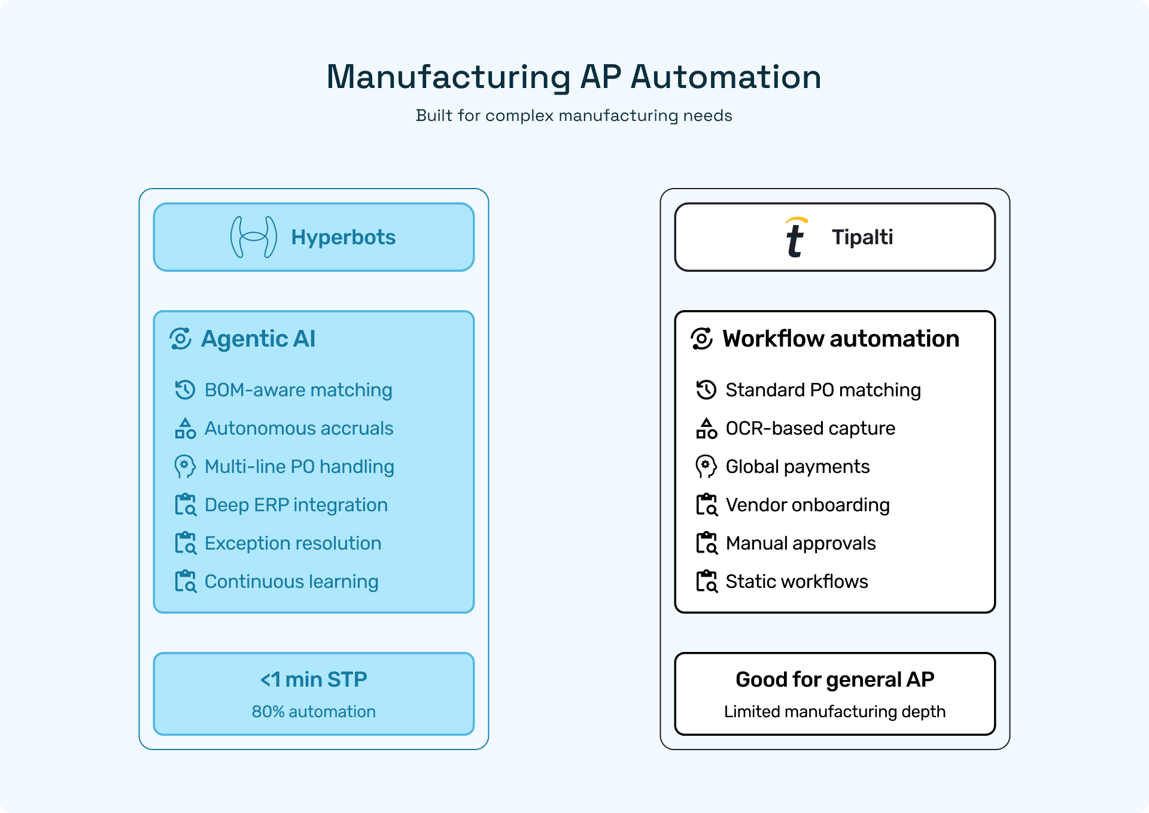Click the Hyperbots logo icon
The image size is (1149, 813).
coord(254,237)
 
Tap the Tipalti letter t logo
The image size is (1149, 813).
coord(795,238)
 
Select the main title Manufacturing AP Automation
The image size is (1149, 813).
coord(574,77)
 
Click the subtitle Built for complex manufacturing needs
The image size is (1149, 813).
coord(574,116)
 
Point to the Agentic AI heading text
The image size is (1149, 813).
coord(258,339)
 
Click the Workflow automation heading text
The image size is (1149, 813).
coord(840,339)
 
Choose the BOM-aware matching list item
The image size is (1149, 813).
coord(298,390)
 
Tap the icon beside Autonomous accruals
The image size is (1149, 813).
coord(186,429)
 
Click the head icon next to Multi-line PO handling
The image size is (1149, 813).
coord(185,467)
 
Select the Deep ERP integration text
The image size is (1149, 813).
coord(296,505)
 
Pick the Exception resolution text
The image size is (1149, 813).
coord(293,544)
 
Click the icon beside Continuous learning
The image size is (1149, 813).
coord(186,581)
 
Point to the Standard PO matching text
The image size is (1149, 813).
coord(823,390)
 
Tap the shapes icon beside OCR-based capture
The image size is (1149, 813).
coord(707,429)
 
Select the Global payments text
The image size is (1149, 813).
coord(797,467)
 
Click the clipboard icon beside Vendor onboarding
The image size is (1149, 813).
coord(707,505)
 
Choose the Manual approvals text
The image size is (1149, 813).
coord(800,544)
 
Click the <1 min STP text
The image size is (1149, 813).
coord(314,679)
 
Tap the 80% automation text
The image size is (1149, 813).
coord(314,712)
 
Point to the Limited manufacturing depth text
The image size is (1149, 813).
coord(835,712)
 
